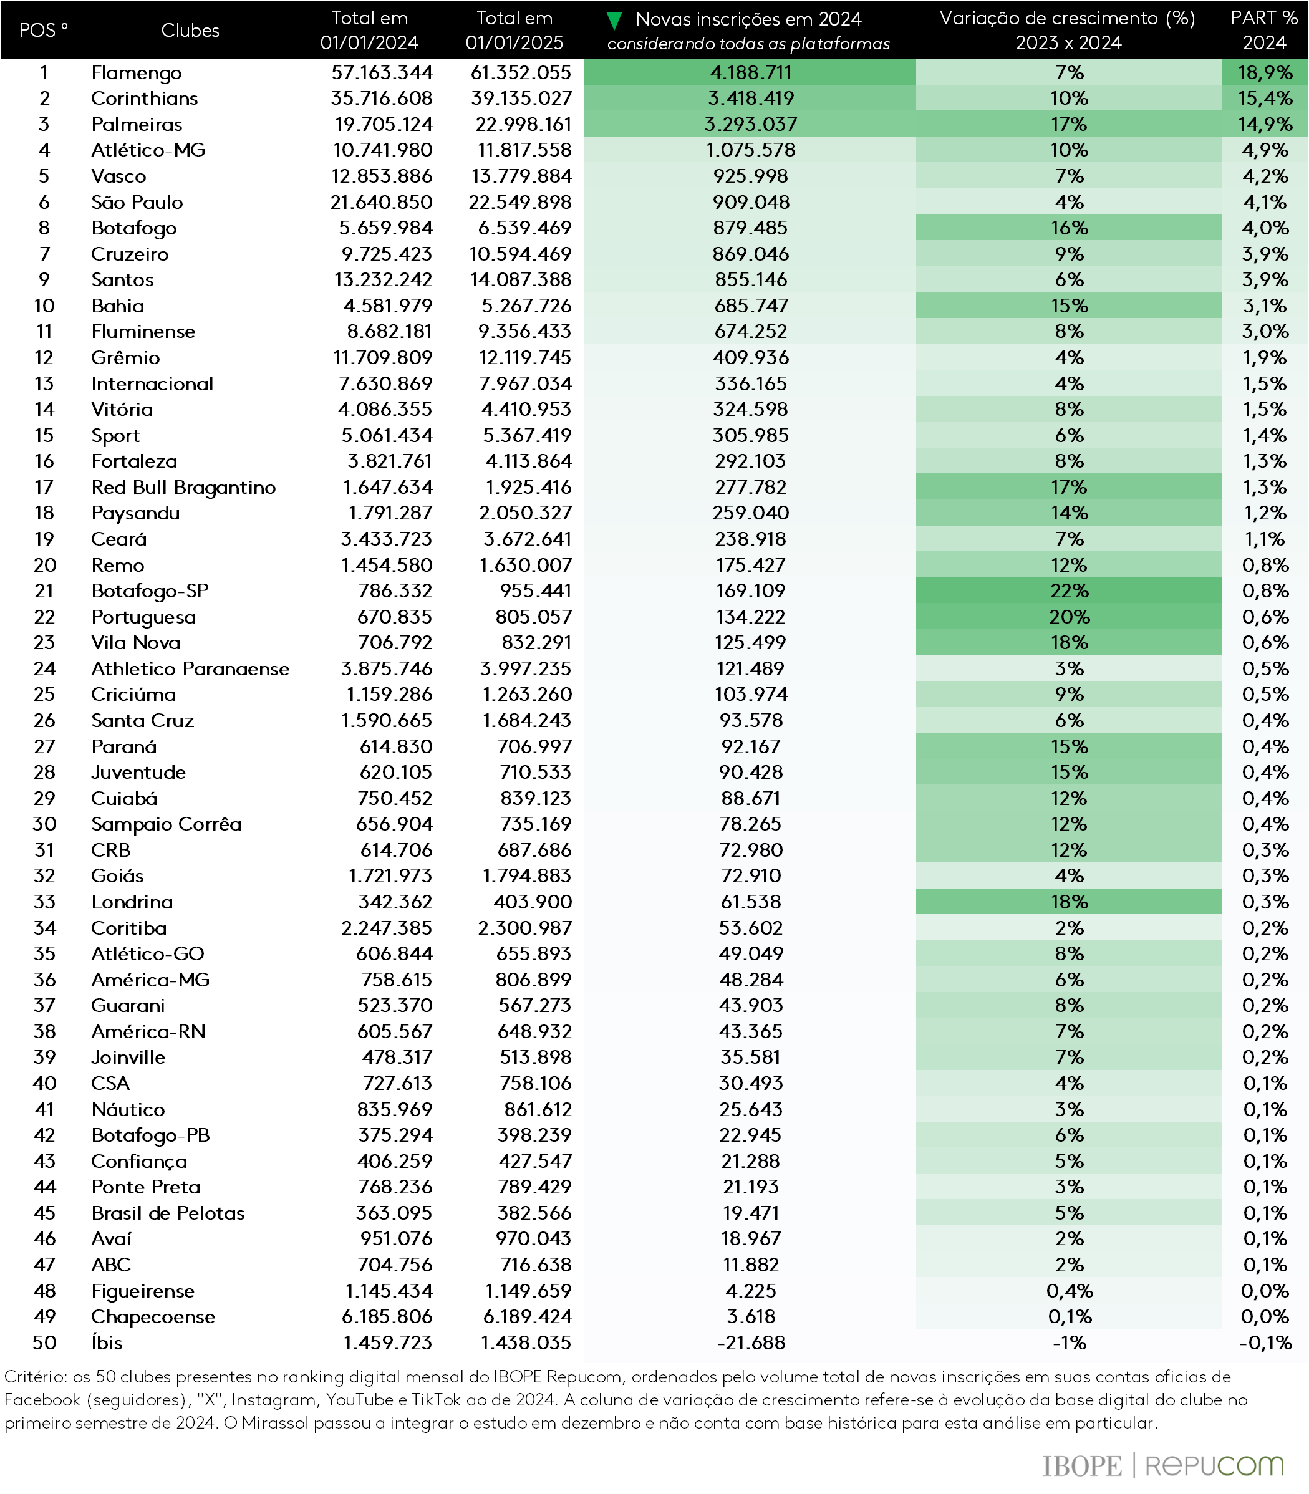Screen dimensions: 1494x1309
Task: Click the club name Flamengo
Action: click(x=136, y=73)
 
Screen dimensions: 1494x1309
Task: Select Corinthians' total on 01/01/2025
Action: click(x=521, y=99)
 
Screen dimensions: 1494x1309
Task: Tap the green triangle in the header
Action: click(x=615, y=21)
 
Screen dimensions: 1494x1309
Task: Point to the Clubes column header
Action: click(x=190, y=31)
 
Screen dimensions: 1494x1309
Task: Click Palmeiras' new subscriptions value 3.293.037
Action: click(x=750, y=125)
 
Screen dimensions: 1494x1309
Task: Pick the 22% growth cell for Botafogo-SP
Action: click(x=1069, y=590)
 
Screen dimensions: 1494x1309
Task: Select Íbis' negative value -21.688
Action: click(x=750, y=1342)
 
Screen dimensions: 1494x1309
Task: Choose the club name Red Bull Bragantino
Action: click(x=183, y=487)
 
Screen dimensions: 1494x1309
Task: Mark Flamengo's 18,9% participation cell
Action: click(x=1265, y=73)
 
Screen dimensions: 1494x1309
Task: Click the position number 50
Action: click(x=44, y=1342)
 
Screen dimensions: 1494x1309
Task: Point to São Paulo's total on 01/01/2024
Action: click(x=380, y=202)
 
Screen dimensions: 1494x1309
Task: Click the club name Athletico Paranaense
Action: click(x=190, y=669)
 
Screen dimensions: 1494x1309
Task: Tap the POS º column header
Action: click(x=43, y=31)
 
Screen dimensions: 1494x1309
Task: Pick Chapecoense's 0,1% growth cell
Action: click(x=1069, y=1316)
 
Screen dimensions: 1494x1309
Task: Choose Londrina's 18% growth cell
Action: click(x=1069, y=902)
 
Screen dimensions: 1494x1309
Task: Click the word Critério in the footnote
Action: click(x=34, y=1376)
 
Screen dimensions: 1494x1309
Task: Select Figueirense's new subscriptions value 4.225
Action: click(x=750, y=1291)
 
